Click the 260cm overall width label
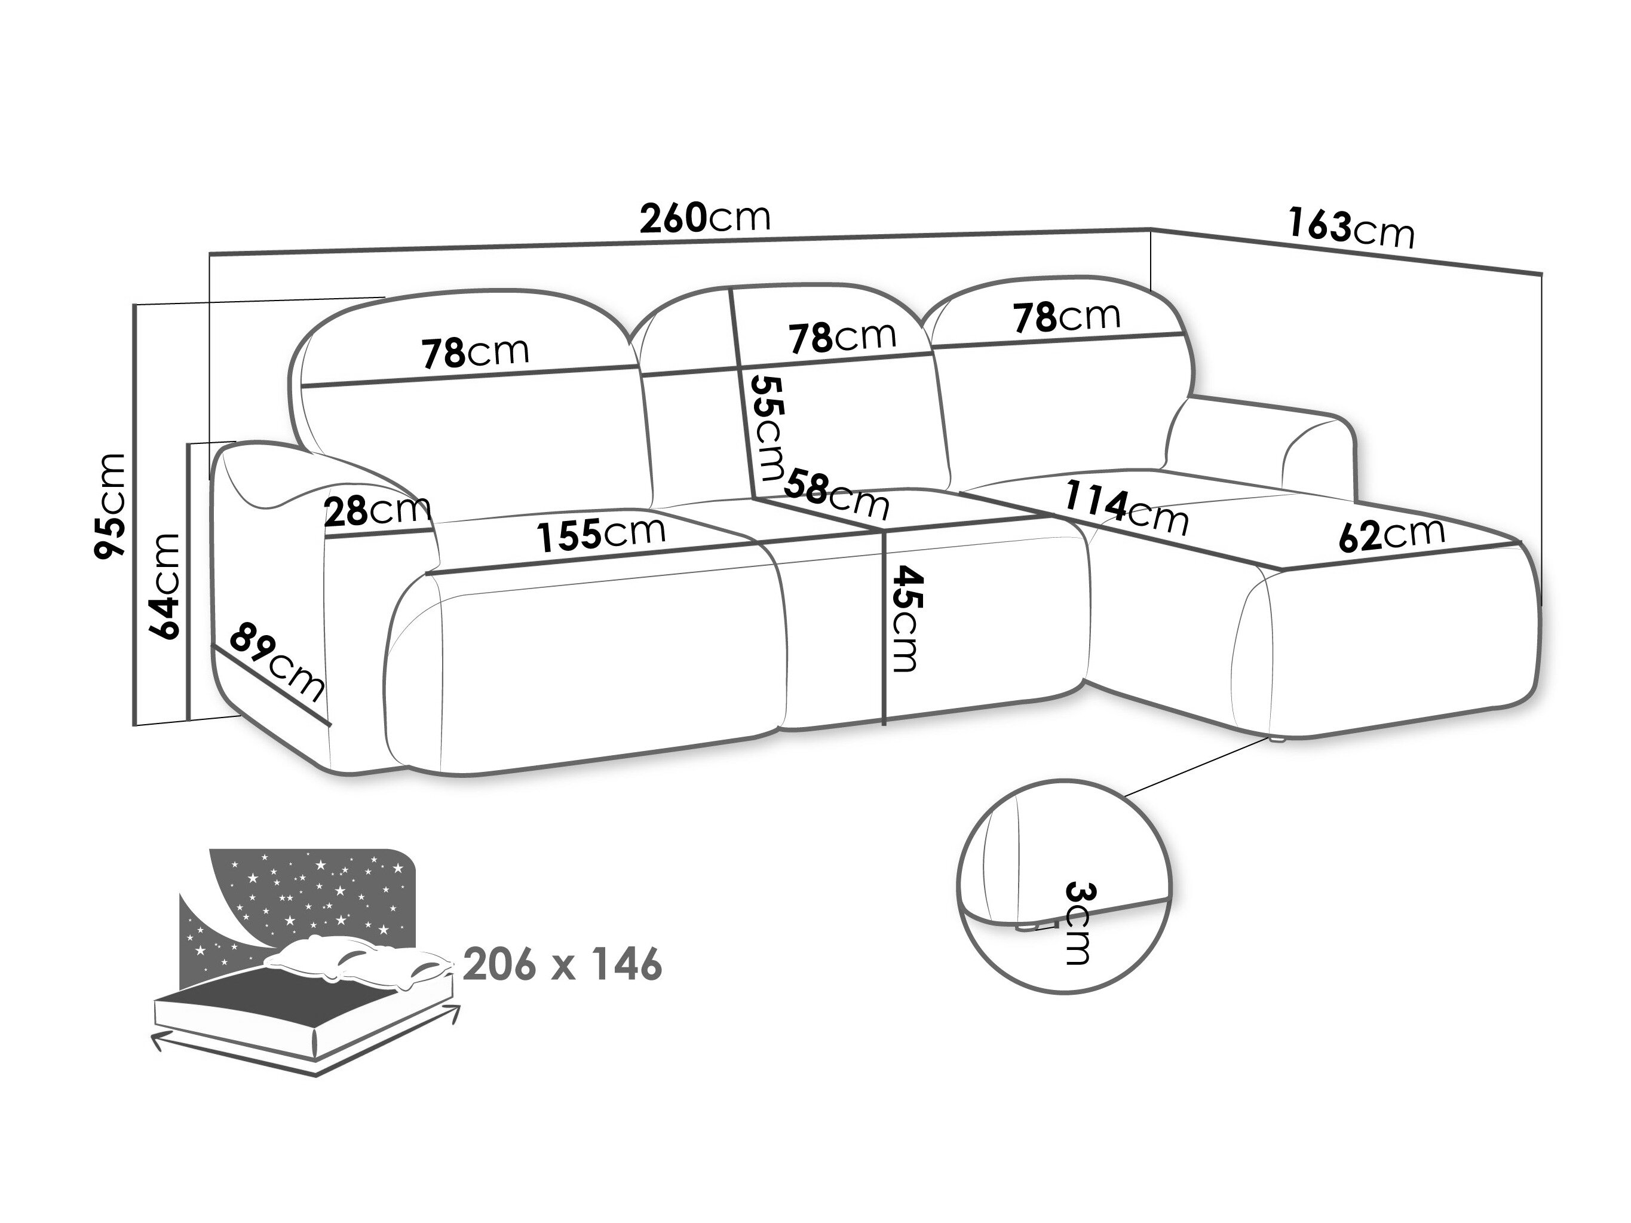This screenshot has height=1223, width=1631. pos(705,217)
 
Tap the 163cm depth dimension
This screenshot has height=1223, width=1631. pos(1351,229)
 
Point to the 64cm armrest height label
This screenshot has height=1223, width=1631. pos(164,587)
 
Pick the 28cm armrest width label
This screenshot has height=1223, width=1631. pos(378,510)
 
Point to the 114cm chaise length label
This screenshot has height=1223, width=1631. pos(1126,508)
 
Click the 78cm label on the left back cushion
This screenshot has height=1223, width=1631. pos(476,352)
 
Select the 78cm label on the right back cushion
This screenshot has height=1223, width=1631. pos(1067,316)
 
